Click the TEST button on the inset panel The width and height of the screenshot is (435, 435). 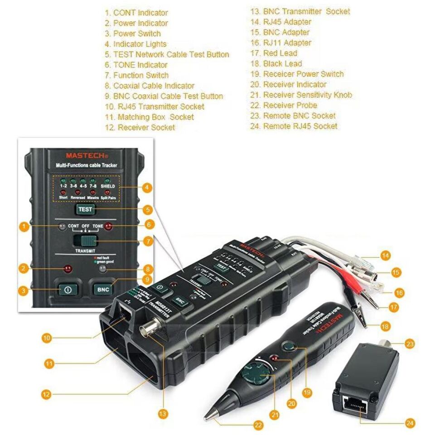(86, 209)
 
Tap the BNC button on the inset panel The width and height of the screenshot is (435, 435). (104, 289)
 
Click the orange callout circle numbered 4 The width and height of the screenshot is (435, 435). (146, 187)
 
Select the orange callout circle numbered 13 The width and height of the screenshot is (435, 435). (163, 413)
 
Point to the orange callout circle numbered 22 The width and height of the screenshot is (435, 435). (258, 425)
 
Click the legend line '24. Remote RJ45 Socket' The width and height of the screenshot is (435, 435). (294, 126)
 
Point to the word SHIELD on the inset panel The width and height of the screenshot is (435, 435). (108, 186)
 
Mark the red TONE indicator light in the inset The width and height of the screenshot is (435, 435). (108, 227)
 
